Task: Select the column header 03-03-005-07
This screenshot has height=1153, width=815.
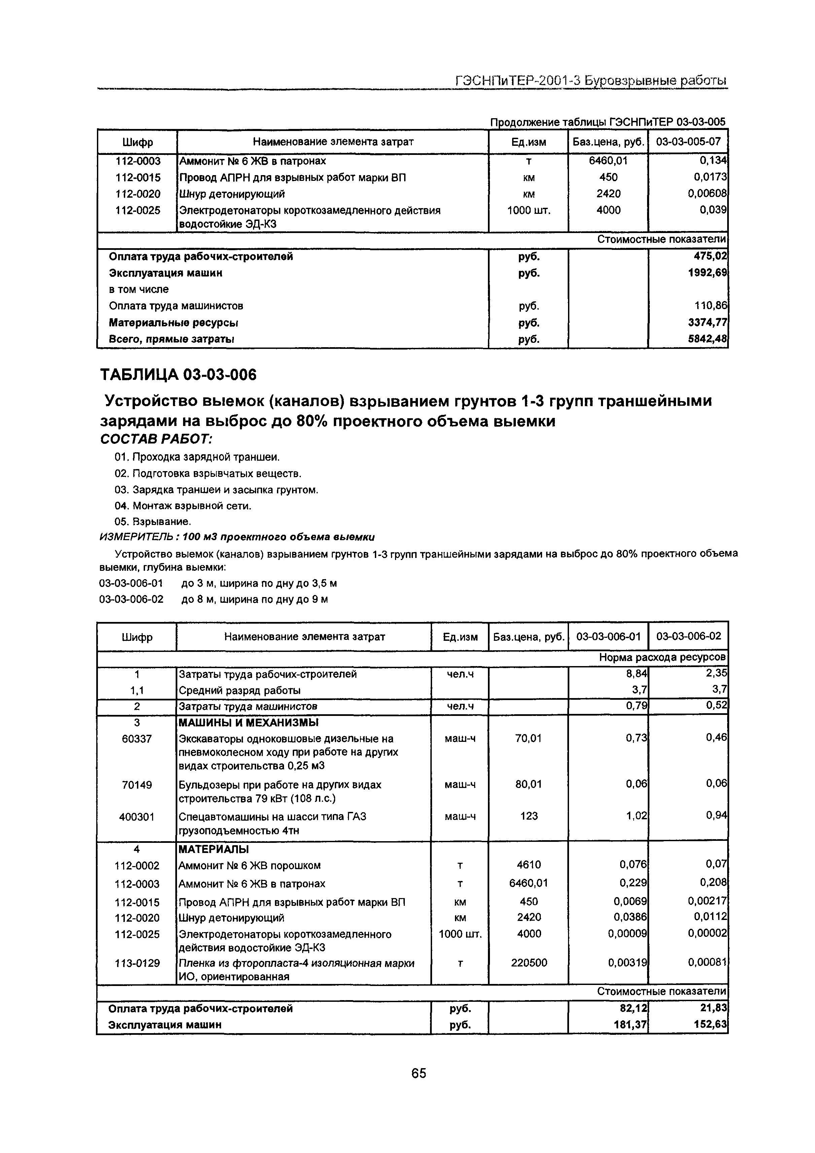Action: point(688,142)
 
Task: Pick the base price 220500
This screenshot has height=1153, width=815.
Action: point(529,963)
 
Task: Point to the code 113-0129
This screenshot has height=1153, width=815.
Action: point(137,963)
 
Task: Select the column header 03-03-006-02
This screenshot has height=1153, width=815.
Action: point(688,636)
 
